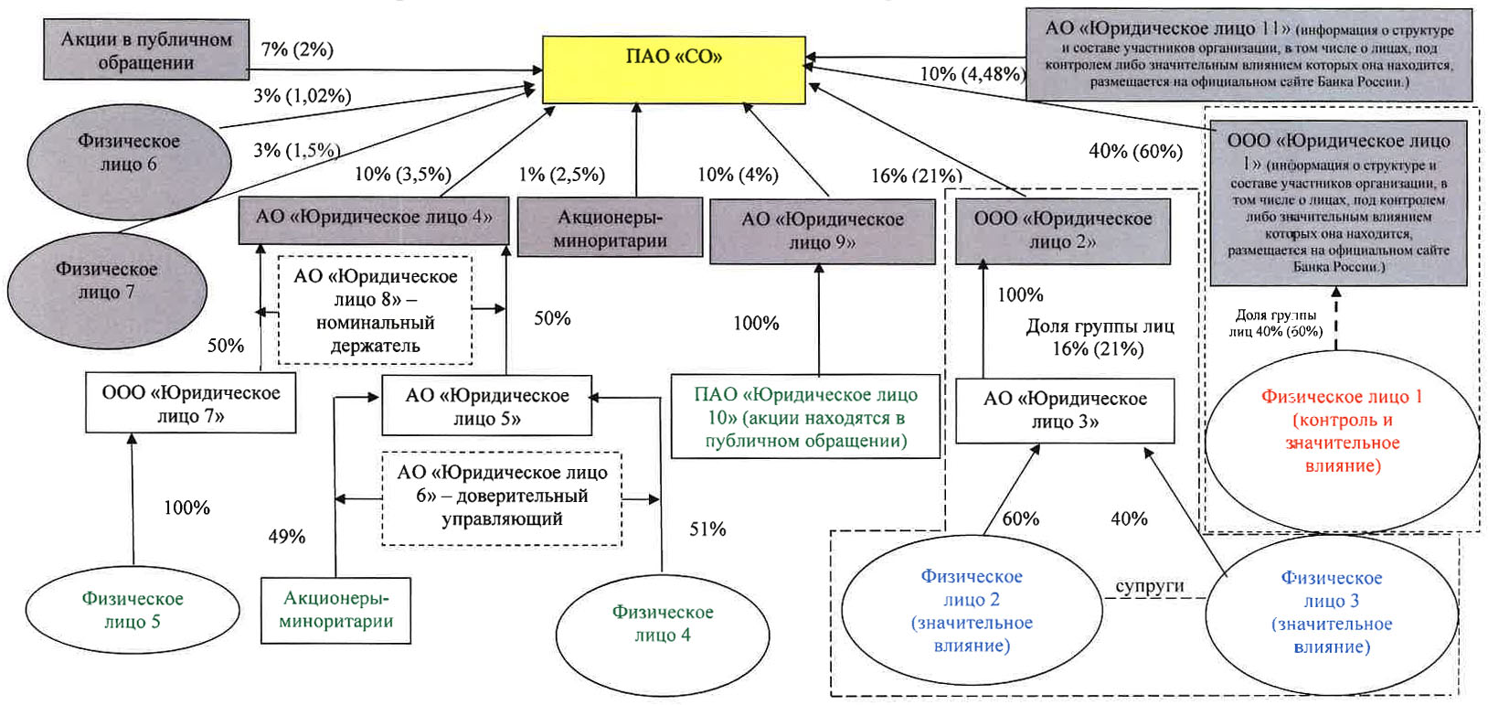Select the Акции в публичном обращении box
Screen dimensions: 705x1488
(146, 51)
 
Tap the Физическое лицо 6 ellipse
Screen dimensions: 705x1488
(129, 153)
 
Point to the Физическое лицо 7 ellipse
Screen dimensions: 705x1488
(107, 281)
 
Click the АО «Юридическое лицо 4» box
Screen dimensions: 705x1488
(374, 218)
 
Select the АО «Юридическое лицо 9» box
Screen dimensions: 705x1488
(822, 230)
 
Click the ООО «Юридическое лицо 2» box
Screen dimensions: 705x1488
(1062, 230)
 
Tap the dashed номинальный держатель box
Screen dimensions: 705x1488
(375, 311)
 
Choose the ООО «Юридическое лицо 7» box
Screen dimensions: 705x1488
(191, 403)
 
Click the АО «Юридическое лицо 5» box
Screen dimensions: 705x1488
(487, 407)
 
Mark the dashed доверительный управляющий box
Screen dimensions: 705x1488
(502, 497)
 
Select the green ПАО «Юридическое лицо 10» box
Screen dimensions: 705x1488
(805, 417)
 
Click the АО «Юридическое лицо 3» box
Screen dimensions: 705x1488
(1065, 410)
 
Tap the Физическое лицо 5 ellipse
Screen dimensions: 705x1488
(133, 610)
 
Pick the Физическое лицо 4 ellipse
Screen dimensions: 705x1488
(663, 623)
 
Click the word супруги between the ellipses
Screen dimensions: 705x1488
(1149, 586)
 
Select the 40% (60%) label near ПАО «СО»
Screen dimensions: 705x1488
(1135, 151)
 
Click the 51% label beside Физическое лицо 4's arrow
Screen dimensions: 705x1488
(707, 529)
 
